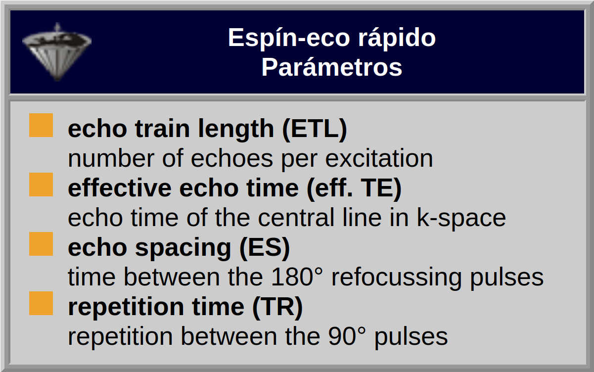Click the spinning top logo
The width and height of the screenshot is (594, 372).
pyautogui.click(x=57, y=52)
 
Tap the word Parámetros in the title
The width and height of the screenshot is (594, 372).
pyautogui.click(x=332, y=67)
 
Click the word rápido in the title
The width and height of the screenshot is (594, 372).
pyautogui.click(x=397, y=39)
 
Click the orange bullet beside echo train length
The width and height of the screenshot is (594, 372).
pyautogui.click(x=41, y=125)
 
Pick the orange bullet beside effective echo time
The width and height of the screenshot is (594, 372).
pyautogui.click(x=41, y=185)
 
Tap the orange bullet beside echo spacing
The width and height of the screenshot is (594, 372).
pyautogui.click(x=41, y=244)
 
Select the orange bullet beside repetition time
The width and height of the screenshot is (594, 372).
pyautogui.click(x=41, y=303)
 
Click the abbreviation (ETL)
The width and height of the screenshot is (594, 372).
pyautogui.click(x=315, y=129)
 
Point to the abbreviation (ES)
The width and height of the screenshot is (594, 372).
pyautogui.click(x=265, y=248)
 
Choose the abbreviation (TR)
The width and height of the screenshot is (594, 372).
pyautogui.click(x=277, y=307)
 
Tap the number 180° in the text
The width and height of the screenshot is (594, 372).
pyautogui.click(x=297, y=277)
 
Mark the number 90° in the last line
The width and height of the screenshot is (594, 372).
pyautogui.click(x=347, y=336)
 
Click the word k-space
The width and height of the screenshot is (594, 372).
pyautogui.click(x=461, y=218)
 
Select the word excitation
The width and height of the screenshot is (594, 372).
pyautogui.click(x=379, y=158)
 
